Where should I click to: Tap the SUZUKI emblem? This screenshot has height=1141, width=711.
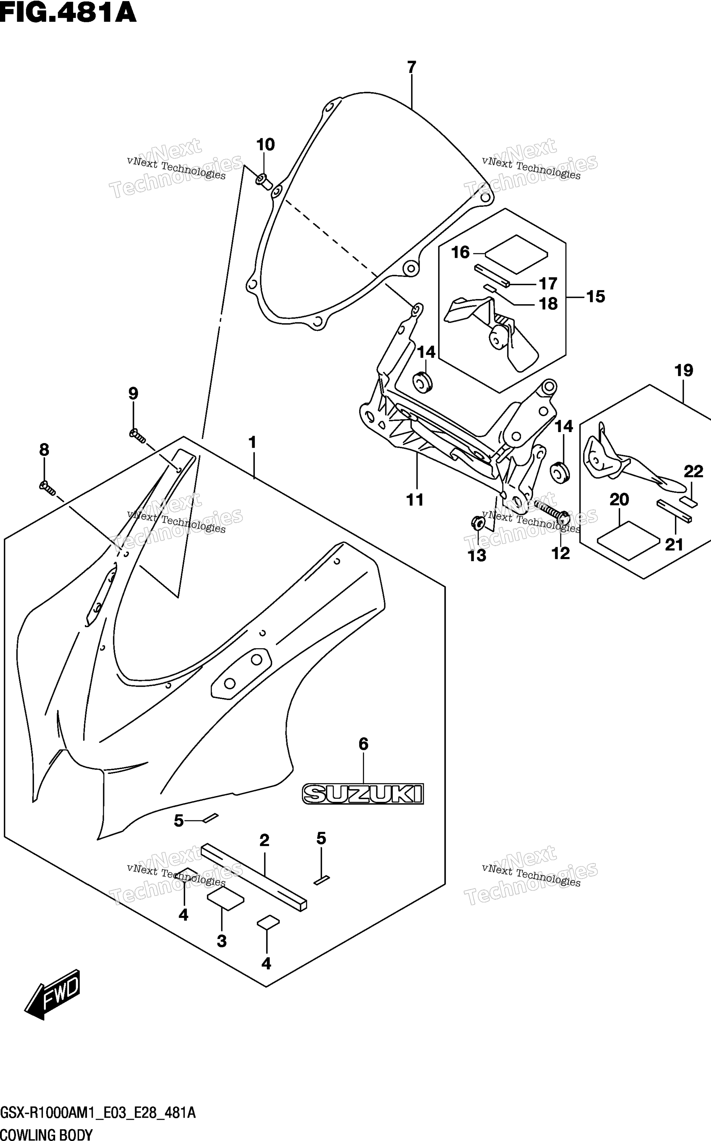click(x=363, y=794)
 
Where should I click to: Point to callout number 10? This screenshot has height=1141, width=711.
click(x=265, y=144)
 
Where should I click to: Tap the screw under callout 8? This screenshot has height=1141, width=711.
click(x=47, y=488)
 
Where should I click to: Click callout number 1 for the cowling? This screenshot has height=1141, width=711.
click(x=252, y=443)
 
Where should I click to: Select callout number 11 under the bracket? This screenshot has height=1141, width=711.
click(x=415, y=500)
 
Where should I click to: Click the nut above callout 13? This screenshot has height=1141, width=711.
click(x=477, y=522)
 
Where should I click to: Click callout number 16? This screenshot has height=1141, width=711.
click(x=460, y=252)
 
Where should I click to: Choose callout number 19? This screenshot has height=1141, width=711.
click(x=684, y=370)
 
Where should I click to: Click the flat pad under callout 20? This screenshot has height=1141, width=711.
click(x=628, y=540)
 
